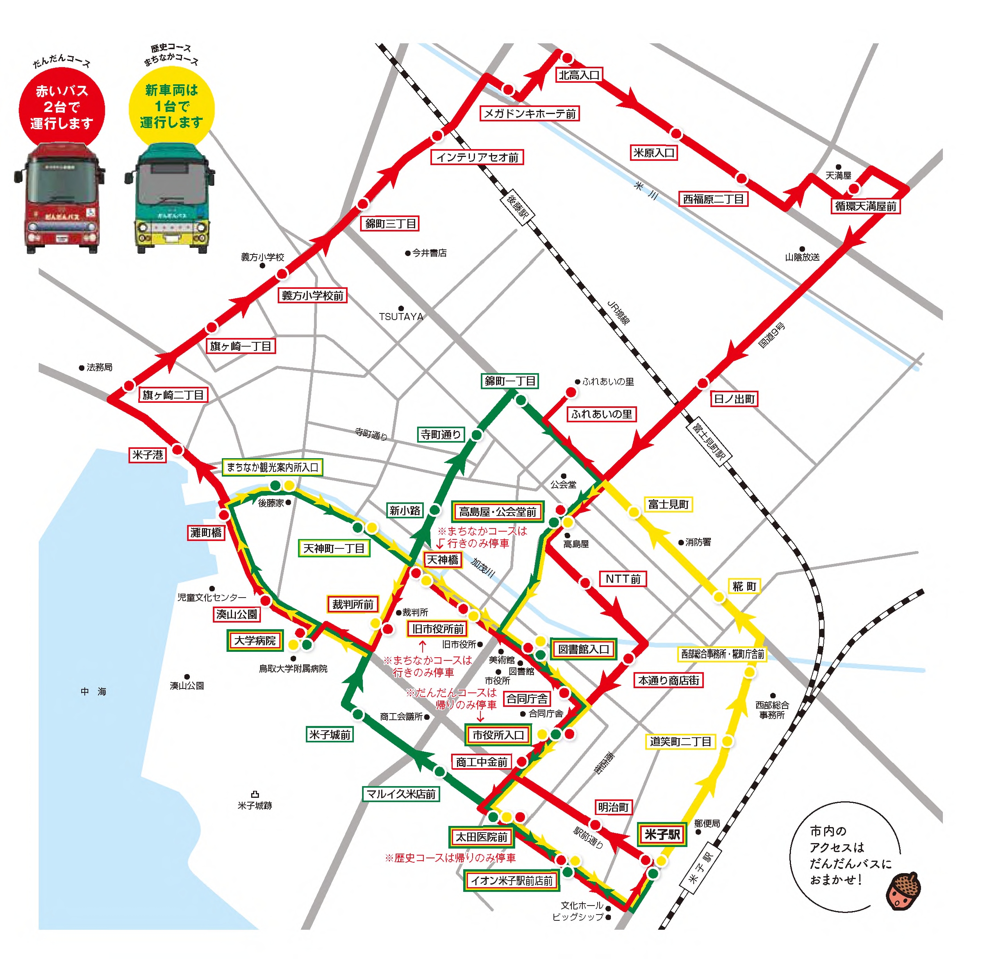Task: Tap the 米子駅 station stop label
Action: pos(662,834)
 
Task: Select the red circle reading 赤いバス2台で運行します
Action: pos(62,107)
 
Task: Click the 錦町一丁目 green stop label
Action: pos(510,381)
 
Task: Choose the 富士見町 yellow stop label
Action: pos(668,504)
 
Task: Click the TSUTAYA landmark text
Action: pos(401,317)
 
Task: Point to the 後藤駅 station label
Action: pos(517,207)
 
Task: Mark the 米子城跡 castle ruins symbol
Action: pos(255,794)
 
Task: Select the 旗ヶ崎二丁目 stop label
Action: pos(173,395)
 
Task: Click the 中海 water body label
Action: pos(94,691)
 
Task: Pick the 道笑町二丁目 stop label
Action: pos(680,741)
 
